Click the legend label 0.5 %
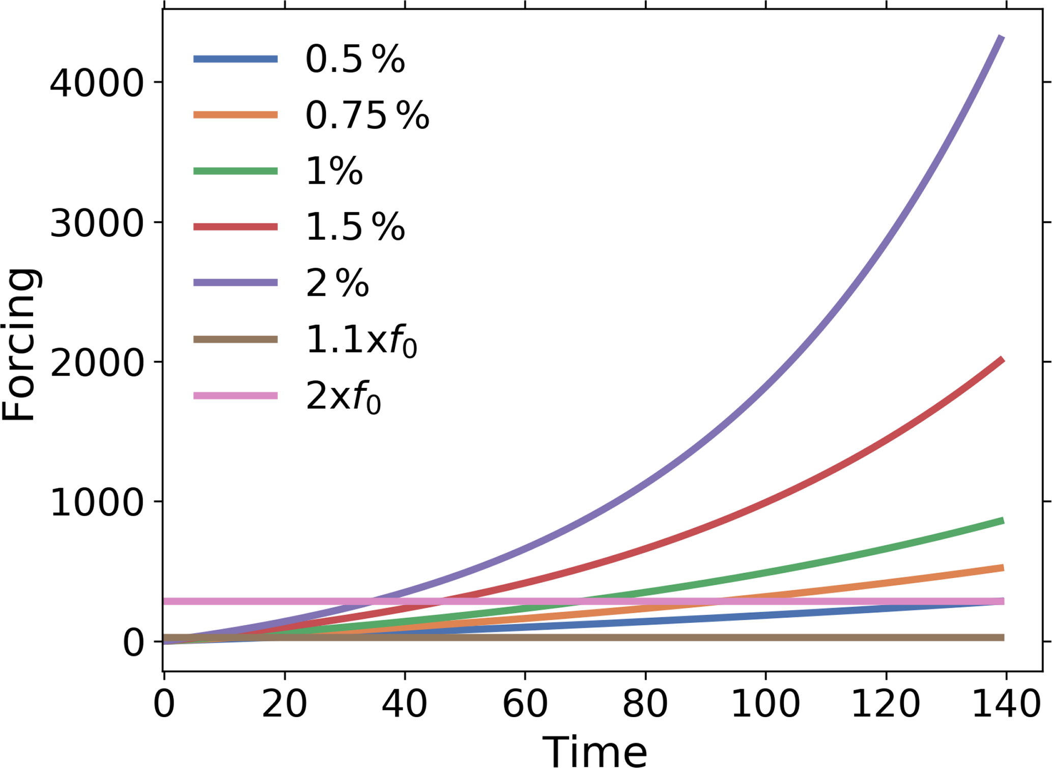coord(355,59)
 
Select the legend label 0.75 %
coord(367,115)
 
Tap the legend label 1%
coord(334,171)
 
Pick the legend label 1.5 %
coord(355,227)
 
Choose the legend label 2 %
coord(337,283)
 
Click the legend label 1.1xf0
coord(361,340)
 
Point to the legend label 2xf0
coord(343,397)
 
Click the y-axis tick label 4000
coord(97,83)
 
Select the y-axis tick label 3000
coord(97,223)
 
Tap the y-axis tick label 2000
coord(97,363)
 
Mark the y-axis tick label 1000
coord(97,503)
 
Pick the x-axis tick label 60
coord(525,705)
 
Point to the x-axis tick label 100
coord(765,705)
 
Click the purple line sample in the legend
coord(236,282)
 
